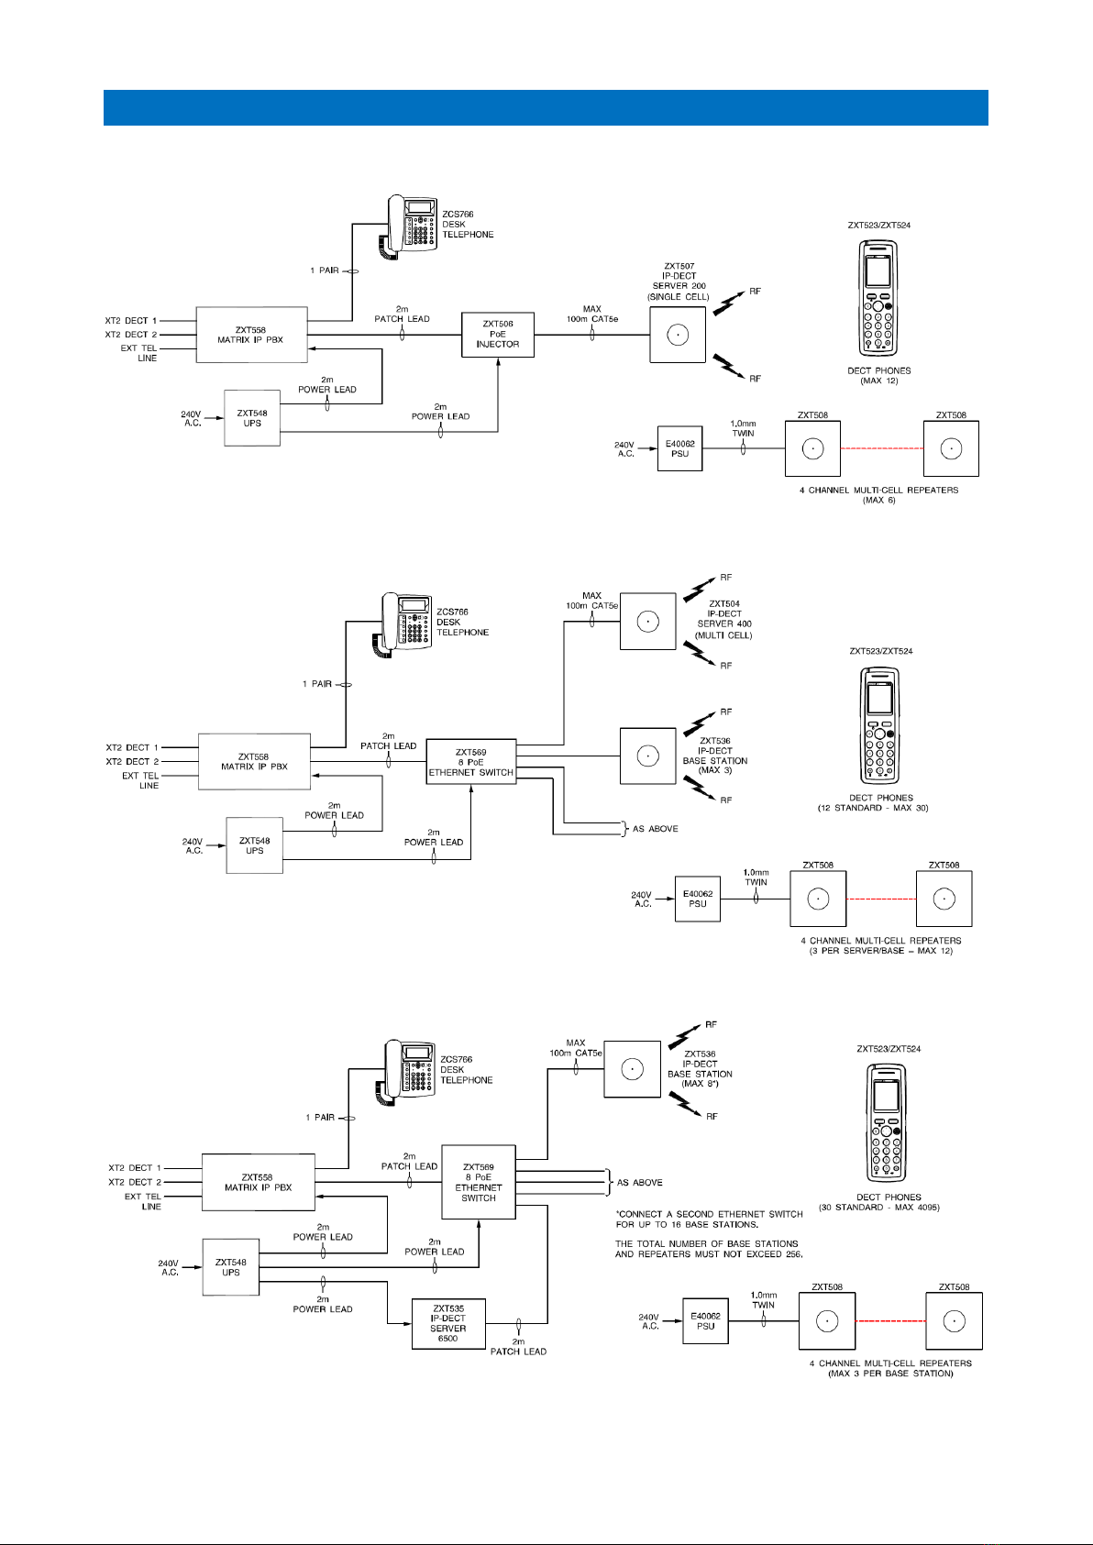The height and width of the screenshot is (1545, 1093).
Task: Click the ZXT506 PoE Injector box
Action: (497, 335)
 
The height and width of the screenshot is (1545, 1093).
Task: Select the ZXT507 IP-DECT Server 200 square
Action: (678, 336)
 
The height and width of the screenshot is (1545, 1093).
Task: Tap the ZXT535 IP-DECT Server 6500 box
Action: (448, 1323)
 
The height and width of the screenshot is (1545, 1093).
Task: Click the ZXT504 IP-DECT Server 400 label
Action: (724, 620)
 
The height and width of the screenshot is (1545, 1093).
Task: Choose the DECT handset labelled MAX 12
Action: (878, 298)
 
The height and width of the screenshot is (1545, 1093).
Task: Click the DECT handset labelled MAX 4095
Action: (886, 1122)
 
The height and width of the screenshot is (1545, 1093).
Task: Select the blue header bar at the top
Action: (546, 107)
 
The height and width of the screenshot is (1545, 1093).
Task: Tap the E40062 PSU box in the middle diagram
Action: (697, 899)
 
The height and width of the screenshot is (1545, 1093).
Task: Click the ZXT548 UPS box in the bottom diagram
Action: (231, 1267)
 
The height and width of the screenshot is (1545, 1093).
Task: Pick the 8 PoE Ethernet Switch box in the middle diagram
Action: (471, 762)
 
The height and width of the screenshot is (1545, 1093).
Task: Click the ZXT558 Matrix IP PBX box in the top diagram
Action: (251, 335)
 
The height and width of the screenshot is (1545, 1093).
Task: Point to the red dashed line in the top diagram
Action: (882, 448)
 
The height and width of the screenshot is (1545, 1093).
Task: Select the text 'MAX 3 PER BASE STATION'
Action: (890, 1374)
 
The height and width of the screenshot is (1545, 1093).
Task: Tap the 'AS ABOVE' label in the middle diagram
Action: (655, 828)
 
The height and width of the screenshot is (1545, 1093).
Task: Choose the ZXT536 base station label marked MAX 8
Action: (700, 1068)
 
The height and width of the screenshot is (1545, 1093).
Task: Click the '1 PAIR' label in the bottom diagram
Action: (320, 1118)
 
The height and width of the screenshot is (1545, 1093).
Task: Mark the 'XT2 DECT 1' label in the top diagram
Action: (131, 321)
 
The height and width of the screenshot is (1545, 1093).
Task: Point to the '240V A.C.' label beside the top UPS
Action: (191, 419)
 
